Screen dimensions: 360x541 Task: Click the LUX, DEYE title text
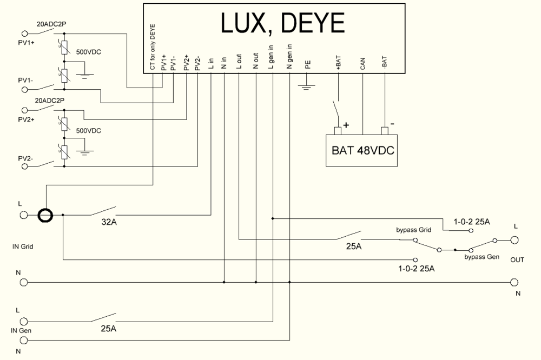pos(282,24)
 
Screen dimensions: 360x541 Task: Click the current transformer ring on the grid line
pos(45,215)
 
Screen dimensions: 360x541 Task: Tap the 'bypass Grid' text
pos(413,230)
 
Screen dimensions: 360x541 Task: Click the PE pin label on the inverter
pos(308,65)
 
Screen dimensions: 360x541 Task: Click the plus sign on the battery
pos(346,125)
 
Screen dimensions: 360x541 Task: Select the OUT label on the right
pos(517,260)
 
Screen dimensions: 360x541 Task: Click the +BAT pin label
pos(338,64)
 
